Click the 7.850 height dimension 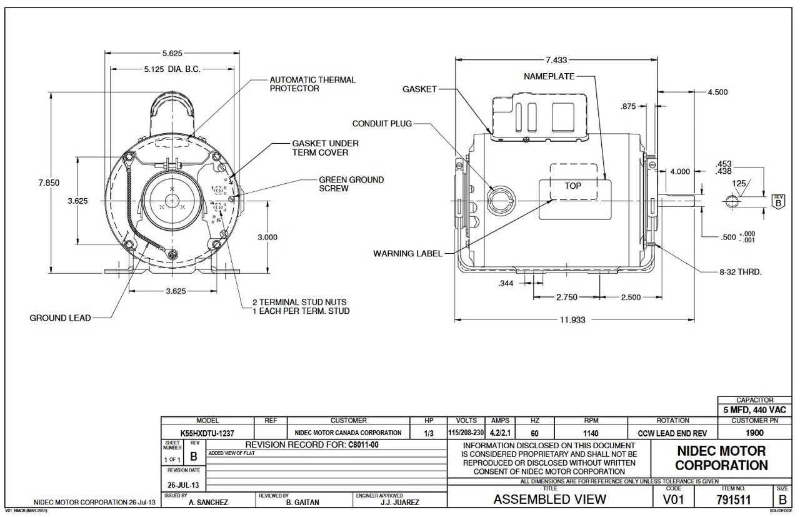(x=52, y=182)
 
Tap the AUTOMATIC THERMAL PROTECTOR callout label (x=312, y=84)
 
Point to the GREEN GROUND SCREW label (x=351, y=184)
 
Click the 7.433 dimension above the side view (x=556, y=61)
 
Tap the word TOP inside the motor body (x=572, y=186)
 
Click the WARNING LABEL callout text (x=407, y=253)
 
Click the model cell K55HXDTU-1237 (x=207, y=433)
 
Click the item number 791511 (x=739, y=499)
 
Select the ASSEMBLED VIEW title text (x=549, y=499)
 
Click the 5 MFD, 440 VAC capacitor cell (x=754, y=410)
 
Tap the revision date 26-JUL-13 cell (x=183, y=484)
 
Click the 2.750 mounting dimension (x=566, y=298)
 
